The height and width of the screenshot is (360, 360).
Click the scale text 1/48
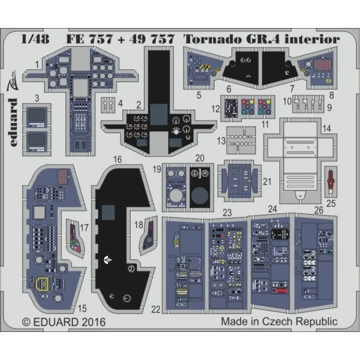click(32, 39)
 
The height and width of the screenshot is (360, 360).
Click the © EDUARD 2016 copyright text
click(63, 321)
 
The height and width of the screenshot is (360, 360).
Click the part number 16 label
click(117, 160)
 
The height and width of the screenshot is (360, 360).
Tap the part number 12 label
click(215, 108)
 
